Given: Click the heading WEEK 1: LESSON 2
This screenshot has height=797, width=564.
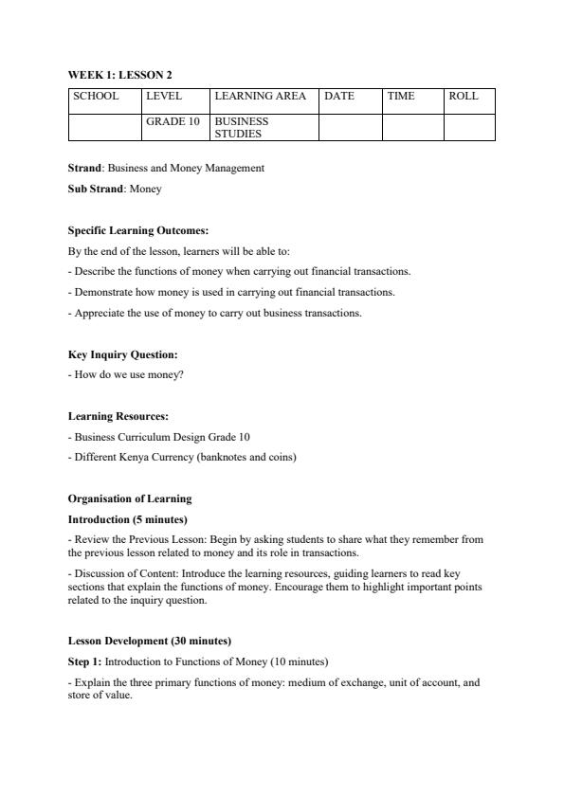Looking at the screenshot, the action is (x=119, y=74).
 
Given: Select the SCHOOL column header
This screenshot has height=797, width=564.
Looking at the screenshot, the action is (x=96, y=97).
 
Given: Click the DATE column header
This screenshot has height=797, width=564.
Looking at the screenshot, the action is (x=339, y=97).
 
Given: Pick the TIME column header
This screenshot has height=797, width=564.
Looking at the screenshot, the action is (x=401, y=97).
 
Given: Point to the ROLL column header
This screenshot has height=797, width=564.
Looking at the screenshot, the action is (x=464, y=97).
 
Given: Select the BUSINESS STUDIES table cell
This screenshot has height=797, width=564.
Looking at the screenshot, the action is (x=242, y=128).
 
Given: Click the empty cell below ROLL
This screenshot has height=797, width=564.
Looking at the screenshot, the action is (x=469, y=128).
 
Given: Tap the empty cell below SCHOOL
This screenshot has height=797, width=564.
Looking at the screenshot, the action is (x=104, y=128).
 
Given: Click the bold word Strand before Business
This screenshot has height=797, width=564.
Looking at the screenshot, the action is (x=84, y=169).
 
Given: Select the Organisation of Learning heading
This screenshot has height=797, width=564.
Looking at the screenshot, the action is (x=129, y=498).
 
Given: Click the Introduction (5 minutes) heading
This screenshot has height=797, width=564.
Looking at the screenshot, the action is (x=127, y=519).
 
